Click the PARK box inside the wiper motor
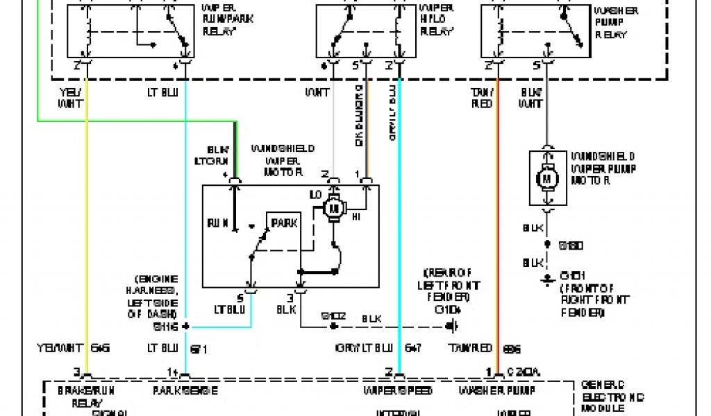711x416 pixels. [284, 223]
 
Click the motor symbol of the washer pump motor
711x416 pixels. [546, 178]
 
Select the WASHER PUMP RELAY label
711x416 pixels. [612, 23]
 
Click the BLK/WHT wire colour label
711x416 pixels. [531, 98]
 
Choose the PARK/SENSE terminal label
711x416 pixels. [185, 391]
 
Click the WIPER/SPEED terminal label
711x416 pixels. [398, 391]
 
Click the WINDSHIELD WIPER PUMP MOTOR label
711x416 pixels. [603, 168]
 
